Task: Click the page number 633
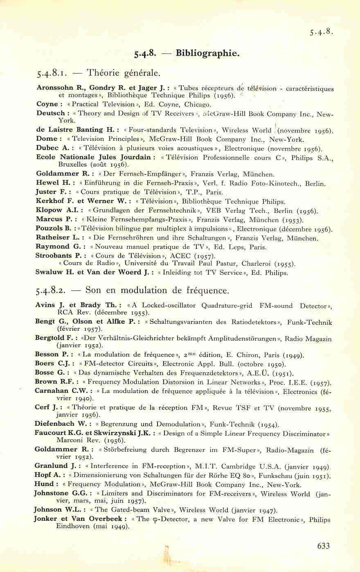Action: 323,546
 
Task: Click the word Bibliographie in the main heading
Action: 207,53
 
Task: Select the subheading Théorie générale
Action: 122,74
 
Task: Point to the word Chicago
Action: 198,105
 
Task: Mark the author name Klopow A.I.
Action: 54,210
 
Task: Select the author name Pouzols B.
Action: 53,229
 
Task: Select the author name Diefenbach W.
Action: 61,424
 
